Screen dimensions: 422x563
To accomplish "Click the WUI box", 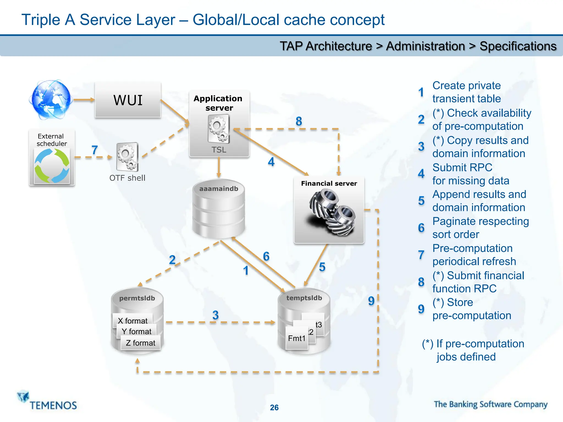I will [128, 100].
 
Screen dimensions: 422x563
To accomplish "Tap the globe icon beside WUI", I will [51, 100].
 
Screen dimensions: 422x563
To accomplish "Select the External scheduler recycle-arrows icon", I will [52, 166].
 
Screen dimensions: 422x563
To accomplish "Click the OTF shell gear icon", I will [127, 157].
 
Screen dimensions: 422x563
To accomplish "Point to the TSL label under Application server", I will [219, 150].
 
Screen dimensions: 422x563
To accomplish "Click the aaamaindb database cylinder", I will [219, 210].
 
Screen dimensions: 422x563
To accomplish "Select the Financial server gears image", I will [329, 213].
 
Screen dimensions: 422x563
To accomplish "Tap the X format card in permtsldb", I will [133, 320].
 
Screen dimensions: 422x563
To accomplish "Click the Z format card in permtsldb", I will [140, 343].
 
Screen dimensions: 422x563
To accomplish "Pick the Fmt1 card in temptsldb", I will [297, 338].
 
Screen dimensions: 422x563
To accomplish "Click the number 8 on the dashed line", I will [299, 121].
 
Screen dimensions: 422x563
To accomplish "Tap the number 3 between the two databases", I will [216, 315].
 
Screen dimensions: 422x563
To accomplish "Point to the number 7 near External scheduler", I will [95, 150].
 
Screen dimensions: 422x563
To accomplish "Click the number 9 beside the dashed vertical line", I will [371, 301].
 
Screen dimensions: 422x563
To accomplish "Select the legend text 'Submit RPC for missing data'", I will [471, 174].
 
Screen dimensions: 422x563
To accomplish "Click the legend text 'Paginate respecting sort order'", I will [480, 228].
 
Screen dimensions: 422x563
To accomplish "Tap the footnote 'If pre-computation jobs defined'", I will [473, 350].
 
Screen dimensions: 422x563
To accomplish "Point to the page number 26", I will [274, 407].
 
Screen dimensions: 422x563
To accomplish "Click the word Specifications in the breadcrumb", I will [518, 46].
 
